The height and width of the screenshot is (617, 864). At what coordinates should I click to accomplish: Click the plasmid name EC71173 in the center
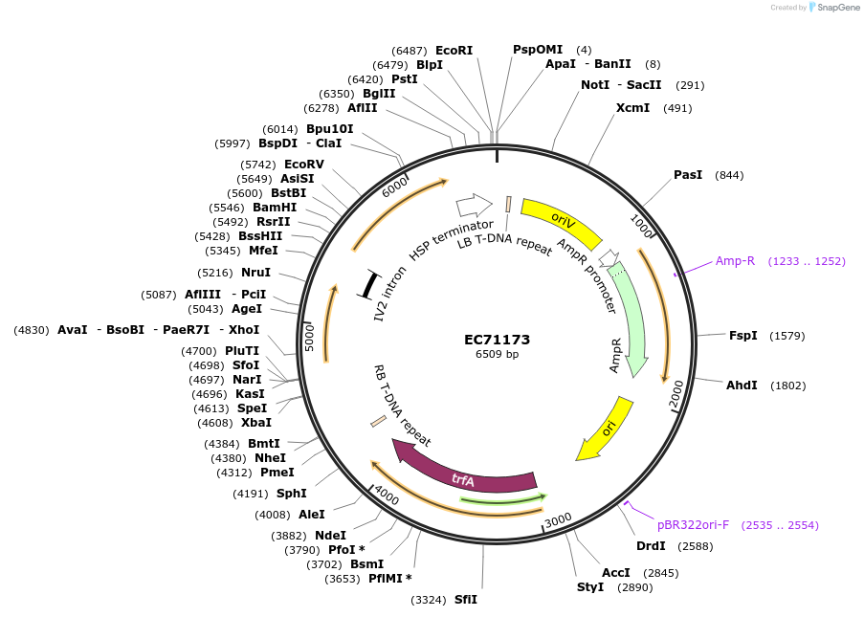497,340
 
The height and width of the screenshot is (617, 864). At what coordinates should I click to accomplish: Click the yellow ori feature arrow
607,430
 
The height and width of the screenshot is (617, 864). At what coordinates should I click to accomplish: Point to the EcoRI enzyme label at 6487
454,50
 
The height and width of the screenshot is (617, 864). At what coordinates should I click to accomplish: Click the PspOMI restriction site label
538,50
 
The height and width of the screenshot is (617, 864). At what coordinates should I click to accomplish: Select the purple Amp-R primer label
736,260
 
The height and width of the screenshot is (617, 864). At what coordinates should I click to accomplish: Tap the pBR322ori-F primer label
693,524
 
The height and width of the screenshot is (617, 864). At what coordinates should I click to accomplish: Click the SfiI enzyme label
465,600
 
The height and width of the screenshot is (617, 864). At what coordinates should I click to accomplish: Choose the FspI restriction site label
742,336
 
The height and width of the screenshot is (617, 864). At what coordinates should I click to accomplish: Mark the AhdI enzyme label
742,386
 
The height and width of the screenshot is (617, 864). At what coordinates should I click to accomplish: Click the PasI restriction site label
688,175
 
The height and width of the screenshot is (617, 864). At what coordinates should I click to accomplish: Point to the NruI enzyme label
255,273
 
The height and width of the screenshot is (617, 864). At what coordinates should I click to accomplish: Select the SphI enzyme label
292,494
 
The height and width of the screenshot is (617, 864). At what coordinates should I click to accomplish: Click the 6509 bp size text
497,355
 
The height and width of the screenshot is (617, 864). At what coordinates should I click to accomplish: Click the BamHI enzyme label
275,207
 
